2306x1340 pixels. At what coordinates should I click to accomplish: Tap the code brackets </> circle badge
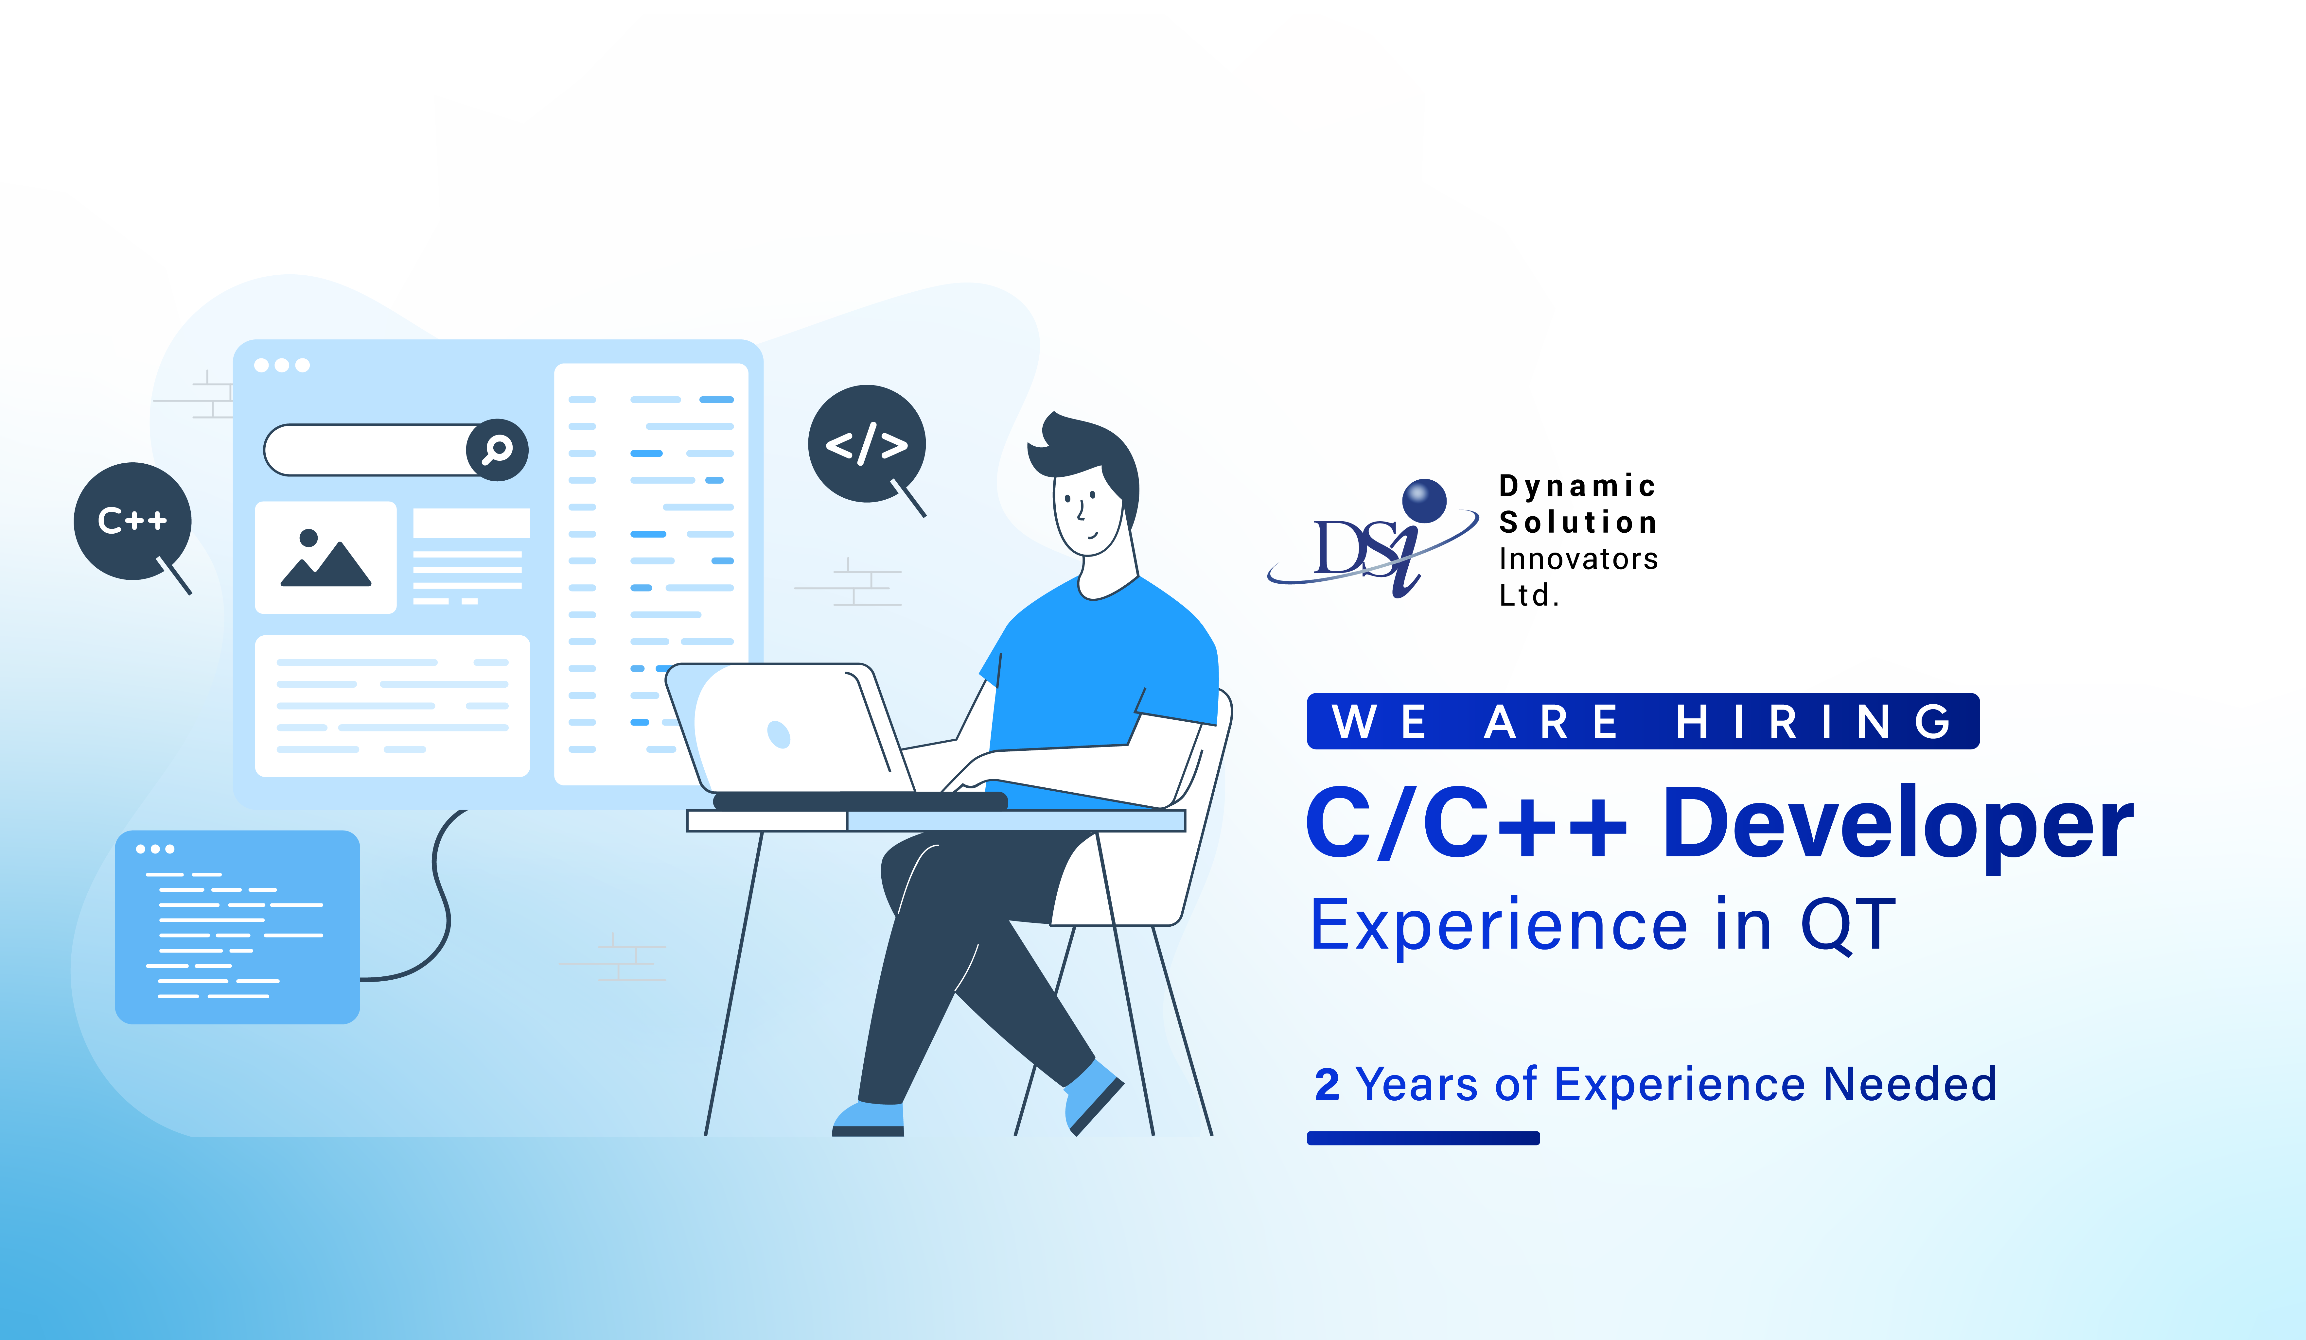866,444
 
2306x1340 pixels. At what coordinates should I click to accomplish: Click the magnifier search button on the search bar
497,449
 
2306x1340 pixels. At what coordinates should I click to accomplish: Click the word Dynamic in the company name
1576,486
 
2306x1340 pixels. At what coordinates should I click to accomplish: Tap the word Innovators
1577,559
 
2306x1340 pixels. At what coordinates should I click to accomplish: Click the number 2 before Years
1327,1085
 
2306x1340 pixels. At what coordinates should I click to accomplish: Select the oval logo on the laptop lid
779,733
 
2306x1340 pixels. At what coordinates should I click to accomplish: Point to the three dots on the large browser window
282,365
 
